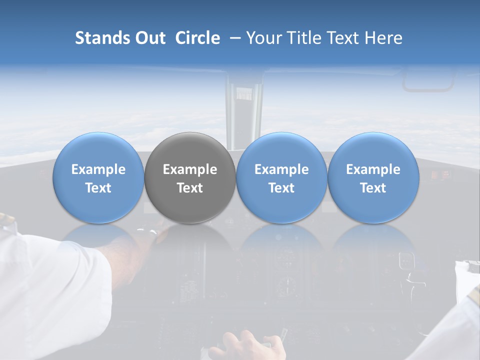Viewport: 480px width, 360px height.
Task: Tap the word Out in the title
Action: pos(149,38)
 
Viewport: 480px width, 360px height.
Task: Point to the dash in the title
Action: pos(233,38)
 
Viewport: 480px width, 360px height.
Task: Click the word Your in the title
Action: pos(263,38)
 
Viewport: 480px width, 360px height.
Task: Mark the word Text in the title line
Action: pos(343,38)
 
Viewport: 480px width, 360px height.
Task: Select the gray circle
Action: pos(190,178)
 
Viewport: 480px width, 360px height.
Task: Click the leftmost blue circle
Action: pos(98,178)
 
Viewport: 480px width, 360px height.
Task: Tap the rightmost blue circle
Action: pos(373,178)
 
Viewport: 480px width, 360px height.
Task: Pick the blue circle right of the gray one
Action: pos(281,178)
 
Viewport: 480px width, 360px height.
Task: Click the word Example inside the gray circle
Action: pos(190,169)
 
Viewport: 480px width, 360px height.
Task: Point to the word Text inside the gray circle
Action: pos(190,188)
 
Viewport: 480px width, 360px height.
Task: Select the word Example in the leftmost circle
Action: pos(98,169)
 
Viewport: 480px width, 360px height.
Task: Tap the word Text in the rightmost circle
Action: pos(373,188)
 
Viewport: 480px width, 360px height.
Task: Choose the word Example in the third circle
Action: pos(281,169)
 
